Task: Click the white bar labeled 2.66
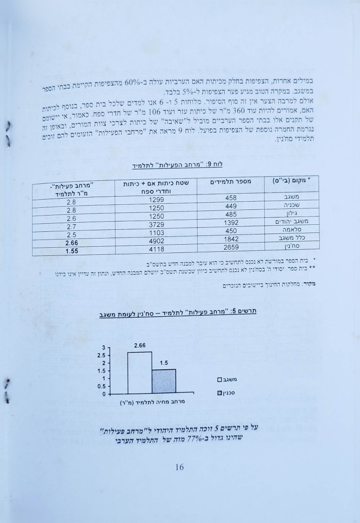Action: [139, 373]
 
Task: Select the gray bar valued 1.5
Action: [164, 382]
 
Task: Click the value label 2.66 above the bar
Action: [140, 346]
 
